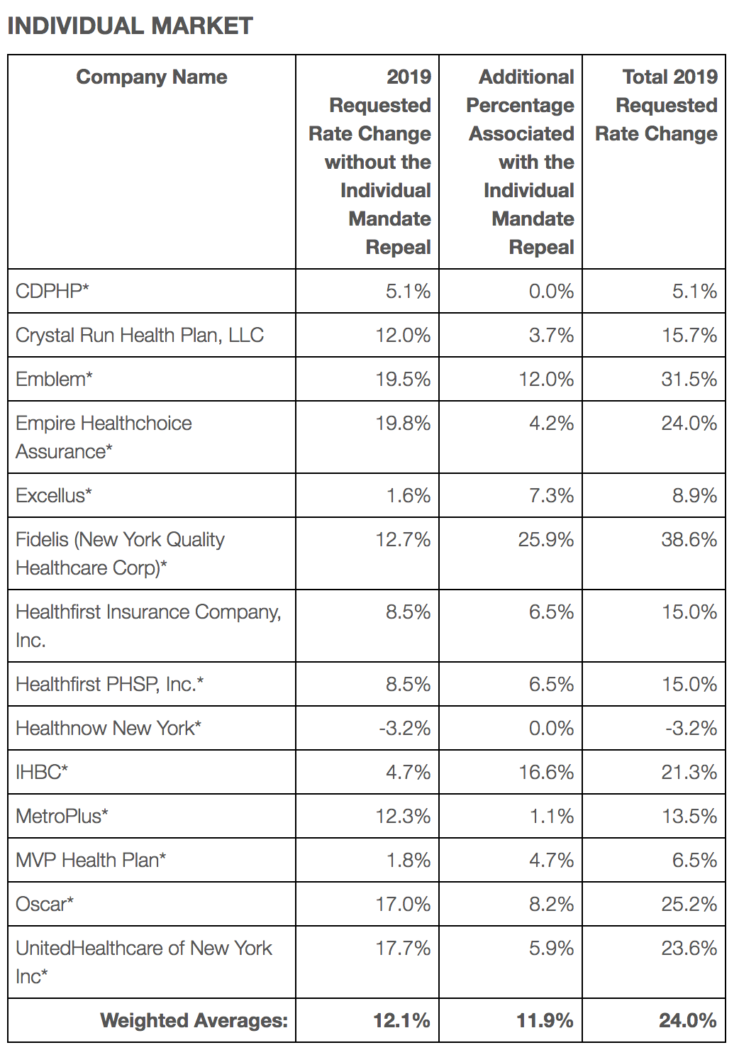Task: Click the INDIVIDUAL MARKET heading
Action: coord(130,26)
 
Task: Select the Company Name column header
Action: coord(152,77)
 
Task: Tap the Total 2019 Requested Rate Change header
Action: coord(656,106)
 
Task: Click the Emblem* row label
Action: coord(55,379)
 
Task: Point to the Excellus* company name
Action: coord(54,495)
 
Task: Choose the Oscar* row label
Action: coord(45,904)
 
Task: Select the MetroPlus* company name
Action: coord(62,816)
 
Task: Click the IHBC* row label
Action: coord(42,772)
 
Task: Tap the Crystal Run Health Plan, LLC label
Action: coord(140,335)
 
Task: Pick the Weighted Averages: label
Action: coord(194,1020)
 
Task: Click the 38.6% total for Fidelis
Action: coord(689,539)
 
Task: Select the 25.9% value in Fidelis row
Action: coord(546,539)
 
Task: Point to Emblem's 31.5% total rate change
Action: coord(689,379)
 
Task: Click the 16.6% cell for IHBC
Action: coord(546,772)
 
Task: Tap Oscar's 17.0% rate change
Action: coord(403,904)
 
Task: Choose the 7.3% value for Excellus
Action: coord(552,495)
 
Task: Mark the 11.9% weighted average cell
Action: coord(545,1020)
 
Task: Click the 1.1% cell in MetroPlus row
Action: coord(552,816)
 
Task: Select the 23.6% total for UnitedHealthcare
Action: coord(689,949)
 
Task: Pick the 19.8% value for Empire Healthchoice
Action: coord(403,424)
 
